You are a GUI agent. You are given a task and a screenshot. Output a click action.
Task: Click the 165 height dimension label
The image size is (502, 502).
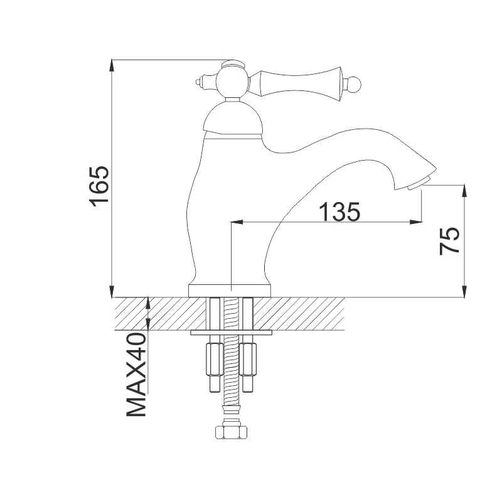pyautogui.click(x=99, y=186)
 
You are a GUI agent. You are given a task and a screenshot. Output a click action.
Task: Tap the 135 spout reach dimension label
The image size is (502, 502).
pyautogui.click(x=339, y=211)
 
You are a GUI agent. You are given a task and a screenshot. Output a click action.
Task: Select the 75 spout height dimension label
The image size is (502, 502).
pyautogui.click(x=449, y=241)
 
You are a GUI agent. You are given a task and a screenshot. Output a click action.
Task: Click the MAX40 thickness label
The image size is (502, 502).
pyautogui.click(x=137, y=375)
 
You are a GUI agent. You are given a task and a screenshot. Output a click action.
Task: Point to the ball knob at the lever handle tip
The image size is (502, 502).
pyautogui.click(x=354, y=85)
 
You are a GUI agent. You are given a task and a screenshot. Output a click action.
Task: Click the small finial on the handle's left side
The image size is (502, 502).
pyautogui.click(x=201, y=82)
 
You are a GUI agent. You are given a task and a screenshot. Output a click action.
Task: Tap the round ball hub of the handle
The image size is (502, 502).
pyautogui.click(x=232, y=82)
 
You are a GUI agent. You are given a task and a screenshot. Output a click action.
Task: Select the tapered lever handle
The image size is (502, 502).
pyautogui.click(x=301, y=83)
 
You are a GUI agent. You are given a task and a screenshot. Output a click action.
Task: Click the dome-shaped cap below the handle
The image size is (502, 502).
pyautogui.click(x=233, y=119)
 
